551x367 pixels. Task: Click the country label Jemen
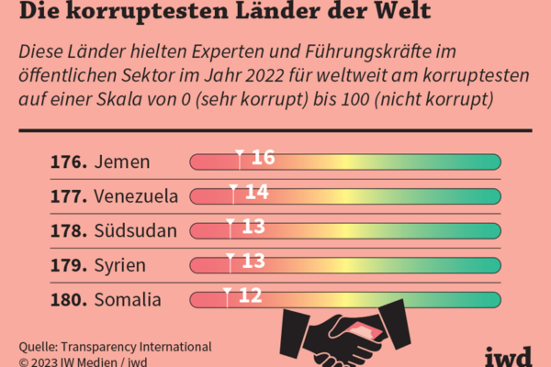[x=121, y=162]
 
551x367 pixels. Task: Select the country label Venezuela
[x=136, y=195]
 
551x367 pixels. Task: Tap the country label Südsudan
[x=135, y=229]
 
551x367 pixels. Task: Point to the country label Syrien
[x=120, y=264]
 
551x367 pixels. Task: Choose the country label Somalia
[x=127, y=299]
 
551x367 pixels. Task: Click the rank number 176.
[x=70, y=162]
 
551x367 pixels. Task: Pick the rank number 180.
[x=70, y=299]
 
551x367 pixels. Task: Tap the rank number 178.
[x=70, y=229]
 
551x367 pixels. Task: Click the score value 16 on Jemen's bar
[x=263, y=158]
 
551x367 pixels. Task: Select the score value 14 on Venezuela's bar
[x=257, y=192]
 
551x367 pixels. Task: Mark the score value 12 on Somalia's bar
[x=251, y=295]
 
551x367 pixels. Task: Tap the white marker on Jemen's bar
[x=239, y=158]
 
